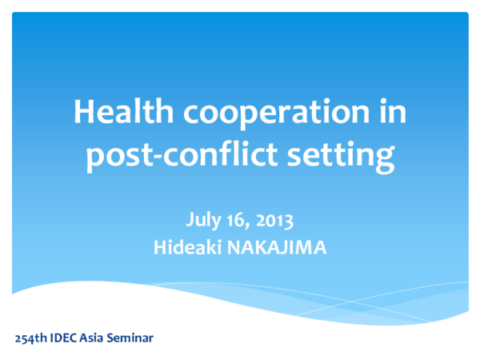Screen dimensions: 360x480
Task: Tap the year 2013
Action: click(275, 218)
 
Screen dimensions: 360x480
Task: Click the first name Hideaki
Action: click(187, 247)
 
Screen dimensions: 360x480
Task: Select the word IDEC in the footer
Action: click(66, 337)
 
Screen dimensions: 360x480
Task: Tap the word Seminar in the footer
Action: click(134, 337)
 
